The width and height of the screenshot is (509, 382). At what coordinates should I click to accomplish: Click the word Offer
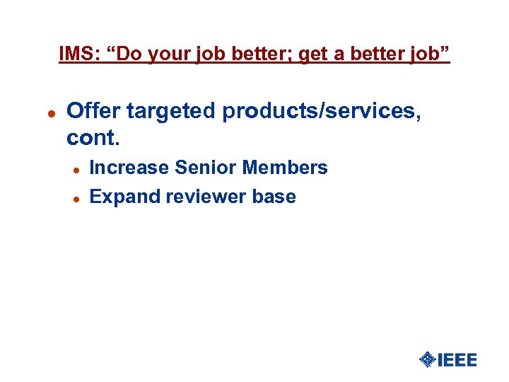click(x=93, y=110)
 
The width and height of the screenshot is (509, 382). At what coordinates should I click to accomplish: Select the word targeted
click(x=172, y=110)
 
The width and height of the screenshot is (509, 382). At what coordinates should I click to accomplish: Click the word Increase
click(x=129, y=168)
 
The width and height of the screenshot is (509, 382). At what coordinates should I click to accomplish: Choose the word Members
click(x=285, y=168)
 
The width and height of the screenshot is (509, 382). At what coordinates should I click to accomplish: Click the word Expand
click(x=125, y=197)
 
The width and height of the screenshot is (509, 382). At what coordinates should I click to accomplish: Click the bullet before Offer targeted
click(x=50, y=112)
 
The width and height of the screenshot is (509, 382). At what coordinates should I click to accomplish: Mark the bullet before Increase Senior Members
click(x=76, y=169)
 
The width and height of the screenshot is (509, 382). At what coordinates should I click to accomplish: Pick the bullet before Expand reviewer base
click(x=76, y=198)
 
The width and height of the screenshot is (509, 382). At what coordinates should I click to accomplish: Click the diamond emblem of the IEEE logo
click(x=427, y=359)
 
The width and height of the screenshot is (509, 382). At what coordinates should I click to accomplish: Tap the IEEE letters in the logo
click(x=457, y=359)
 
